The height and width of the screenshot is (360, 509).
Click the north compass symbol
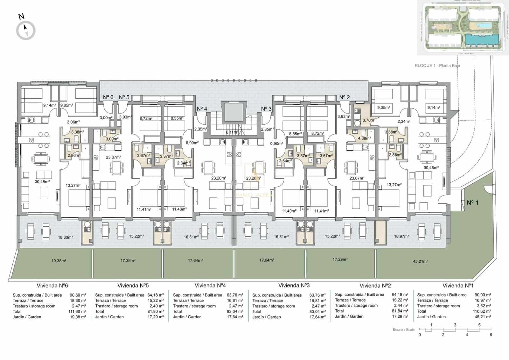[25, 30]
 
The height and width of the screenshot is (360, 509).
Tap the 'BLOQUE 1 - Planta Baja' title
[437, 66]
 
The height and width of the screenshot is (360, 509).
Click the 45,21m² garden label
[420, 261]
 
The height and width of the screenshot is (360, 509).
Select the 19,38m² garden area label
[59, 261]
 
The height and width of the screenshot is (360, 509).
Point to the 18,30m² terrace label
[65, 237]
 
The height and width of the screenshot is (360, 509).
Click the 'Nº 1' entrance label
[472, 202]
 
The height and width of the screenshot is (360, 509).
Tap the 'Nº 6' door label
[108, 97]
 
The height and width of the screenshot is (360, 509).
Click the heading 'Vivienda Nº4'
[210, 286]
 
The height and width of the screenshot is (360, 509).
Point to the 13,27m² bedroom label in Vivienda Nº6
[73, 185]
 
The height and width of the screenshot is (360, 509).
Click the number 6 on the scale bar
[491, 335]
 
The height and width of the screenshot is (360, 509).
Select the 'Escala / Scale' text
[403, 330]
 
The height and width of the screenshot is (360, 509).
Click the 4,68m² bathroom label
[364, 138]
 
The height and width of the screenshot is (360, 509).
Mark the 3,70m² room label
[369, 120]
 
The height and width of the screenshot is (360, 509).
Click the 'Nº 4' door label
[202, 109]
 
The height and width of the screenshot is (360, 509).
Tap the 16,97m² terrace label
[401, 236]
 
